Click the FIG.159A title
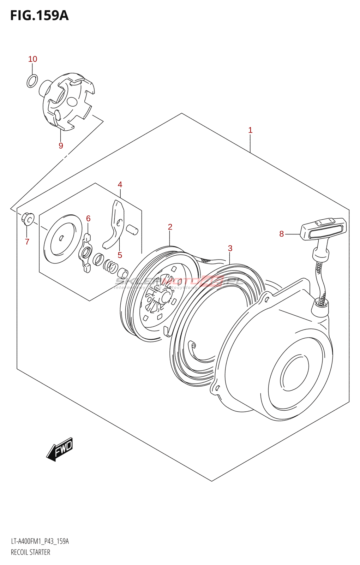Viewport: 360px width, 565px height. (x=39, y=16)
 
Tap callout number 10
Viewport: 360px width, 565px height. (x=32, y=59)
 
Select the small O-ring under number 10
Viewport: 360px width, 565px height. (x=32, y=81)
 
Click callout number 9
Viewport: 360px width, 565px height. (x=61, y=145)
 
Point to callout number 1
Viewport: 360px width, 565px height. (x=250, y=130)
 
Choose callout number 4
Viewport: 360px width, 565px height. (x=120, y=184)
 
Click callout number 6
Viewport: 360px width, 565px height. (x=88, y=219)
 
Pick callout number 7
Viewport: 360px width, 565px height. (x=27, y=242)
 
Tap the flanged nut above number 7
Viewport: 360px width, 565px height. (x=28, y=219)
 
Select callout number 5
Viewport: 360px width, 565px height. (x=120, y=255)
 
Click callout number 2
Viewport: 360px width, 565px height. (x=170, y=227)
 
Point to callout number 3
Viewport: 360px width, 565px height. (x=230, y=248)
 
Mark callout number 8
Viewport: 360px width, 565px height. (x=281, y=234)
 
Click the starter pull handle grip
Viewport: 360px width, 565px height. (x=323, y=229)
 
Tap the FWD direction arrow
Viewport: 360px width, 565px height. (x=60, y=449)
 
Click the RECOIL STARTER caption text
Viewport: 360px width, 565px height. (x=30, y=552)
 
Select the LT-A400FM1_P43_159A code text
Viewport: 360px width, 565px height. (x=40, y=541)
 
